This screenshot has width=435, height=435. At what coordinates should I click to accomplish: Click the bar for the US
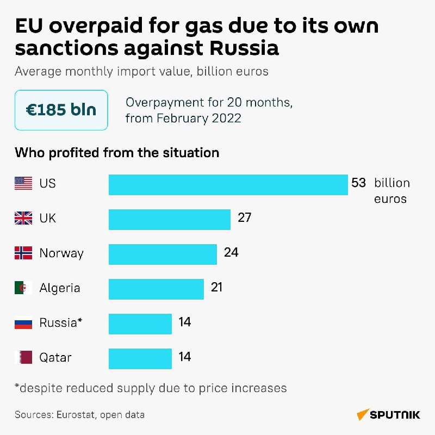coord(228,184)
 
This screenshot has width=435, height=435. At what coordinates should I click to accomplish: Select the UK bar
coord(170,219)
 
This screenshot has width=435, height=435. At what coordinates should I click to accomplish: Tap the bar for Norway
coord(163,254)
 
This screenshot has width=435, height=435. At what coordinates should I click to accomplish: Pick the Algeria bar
coord(156,289)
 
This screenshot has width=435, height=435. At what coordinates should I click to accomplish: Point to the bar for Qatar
coord(140,358)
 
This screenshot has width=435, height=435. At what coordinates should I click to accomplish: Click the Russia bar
coord(140,324)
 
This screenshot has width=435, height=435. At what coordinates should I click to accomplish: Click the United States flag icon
coord(23,184)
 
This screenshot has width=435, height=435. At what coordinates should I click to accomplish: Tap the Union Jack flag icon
coord(23,219)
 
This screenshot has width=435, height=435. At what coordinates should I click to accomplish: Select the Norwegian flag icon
coord(23,253)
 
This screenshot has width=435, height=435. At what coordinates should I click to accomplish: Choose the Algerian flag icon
coord(23,288)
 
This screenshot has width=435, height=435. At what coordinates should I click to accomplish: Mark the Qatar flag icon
coord(23,358)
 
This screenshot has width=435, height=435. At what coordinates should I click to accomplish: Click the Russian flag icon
coord(23,323)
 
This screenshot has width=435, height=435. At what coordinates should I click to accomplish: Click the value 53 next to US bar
coord(358,183)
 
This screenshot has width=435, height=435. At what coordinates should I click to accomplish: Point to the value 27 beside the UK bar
coord(244,218)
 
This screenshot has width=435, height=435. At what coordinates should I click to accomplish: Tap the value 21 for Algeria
coord(217,287)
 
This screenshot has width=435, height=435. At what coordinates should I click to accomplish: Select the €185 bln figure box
coord(61,110)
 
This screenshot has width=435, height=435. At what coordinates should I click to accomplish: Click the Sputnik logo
coord(388,415)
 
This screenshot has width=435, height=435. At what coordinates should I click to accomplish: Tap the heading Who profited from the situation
coord(117,153)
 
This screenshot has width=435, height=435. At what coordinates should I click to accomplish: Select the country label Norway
coord(61,253)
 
